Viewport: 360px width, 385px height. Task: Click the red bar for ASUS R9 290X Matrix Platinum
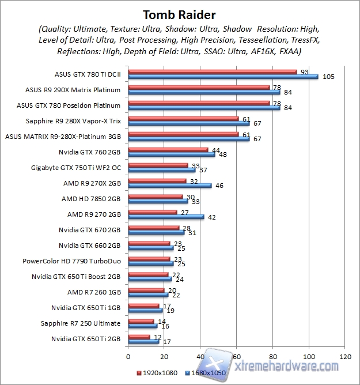pyautogui.click(x=199, y=88)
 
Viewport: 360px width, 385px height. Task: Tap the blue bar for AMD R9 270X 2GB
pyautogui.click(x=170, y=186)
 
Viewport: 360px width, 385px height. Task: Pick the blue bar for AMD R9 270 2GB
pyautogui.click(x=166, y=217)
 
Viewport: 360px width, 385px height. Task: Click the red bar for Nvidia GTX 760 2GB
pyautogui.click(x=168, y=150)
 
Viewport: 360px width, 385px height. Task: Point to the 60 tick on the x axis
pyautogui.click(x=237, y=356)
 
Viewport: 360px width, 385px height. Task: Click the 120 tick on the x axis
pyautogui.click(x=344, y=356)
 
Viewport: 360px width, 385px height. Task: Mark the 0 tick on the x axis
pyautogui.click(x=128, y=356)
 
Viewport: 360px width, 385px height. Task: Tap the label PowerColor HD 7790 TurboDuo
pyautogui.click(x=71, y=261)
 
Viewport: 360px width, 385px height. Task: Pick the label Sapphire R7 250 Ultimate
pyautogui.click(x=81, y=323)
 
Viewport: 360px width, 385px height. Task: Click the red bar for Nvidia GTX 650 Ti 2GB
pyautogui.click(x=139, y=337)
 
